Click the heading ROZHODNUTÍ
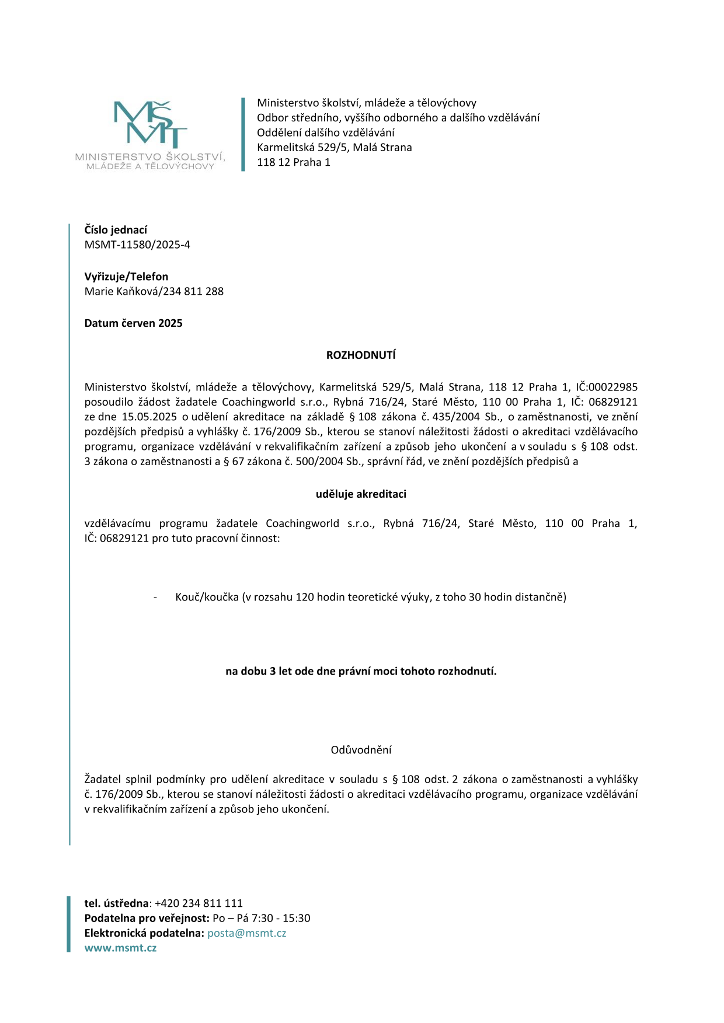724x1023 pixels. pyautogui.click(x=361, y=355)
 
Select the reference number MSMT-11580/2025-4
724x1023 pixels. pyautogui.click(x=137, y=245)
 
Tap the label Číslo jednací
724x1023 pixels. pyautogui.click(x=116, y=230)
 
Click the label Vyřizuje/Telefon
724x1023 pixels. pyautogui.click(x=126, y=277)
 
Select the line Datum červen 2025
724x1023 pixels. pyautogui.click(x=133, y=323)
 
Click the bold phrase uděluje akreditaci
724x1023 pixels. pyautogui.click(x=361, y=494)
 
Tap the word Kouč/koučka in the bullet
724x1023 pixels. pyautogui.click(x=207, y=597)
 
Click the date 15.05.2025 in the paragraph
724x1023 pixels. pyautogui.click(x=149, y=417)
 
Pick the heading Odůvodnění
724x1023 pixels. pyautogui.click(x=361, y=750)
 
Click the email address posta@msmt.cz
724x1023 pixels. pyautogui.click(x=246, y=933)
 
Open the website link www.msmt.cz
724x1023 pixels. pyautogui.click(x=120, y=948)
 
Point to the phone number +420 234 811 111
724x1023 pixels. pyautogui.click(x=199, y=903)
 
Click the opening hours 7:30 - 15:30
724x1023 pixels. pyautogui.click(x=281, y=918)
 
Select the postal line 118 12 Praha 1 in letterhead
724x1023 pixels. pyautogui.click(x=294, y=162)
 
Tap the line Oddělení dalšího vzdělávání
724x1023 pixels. pyautogui.click(x=326, y=132)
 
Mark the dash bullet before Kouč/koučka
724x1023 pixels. pyautogui.click(x=155, y=597)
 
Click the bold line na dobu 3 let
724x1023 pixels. pyautogui.click(x=361, y=671)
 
